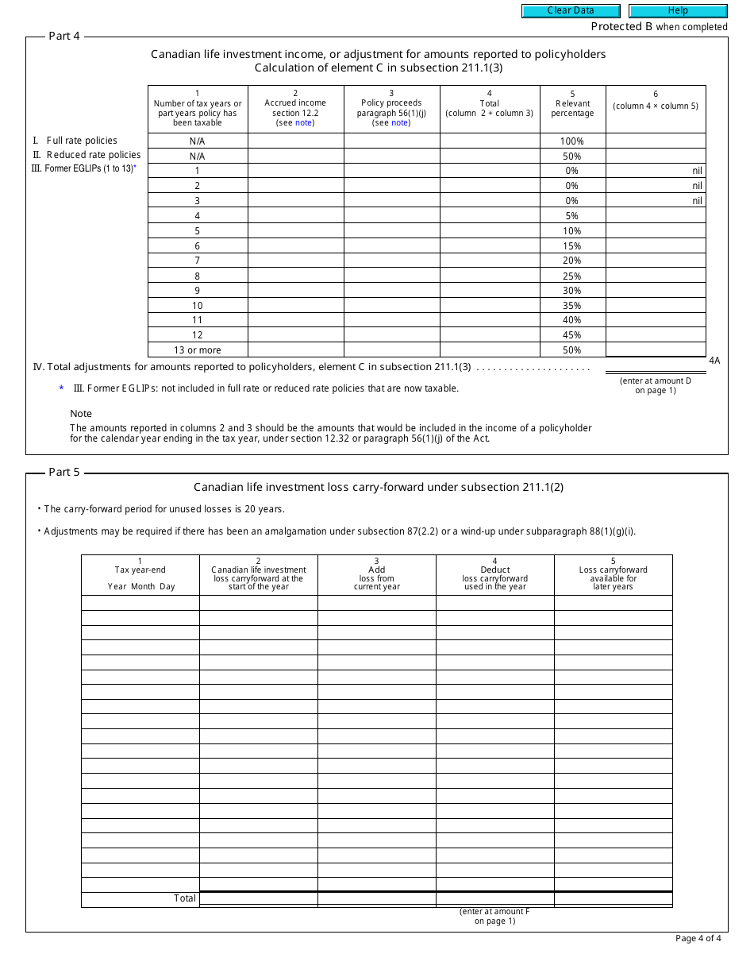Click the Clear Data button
(x=570, y=11)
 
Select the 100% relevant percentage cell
(x=572, y=141)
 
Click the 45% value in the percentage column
(x=572, y=335)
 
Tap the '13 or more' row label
(x=198, y=350)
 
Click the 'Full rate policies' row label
(x=81, y=141)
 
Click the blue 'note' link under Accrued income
(x=304, y=122)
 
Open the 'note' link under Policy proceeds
(x=400, y=122)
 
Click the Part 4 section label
(x=64, y=36)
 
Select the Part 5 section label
(x=64, y=472)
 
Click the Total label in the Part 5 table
(x=185, y=898)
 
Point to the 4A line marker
(x=714, y=361)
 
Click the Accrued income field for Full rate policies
(x=295, y=141)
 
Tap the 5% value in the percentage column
(x=572, y=216)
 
